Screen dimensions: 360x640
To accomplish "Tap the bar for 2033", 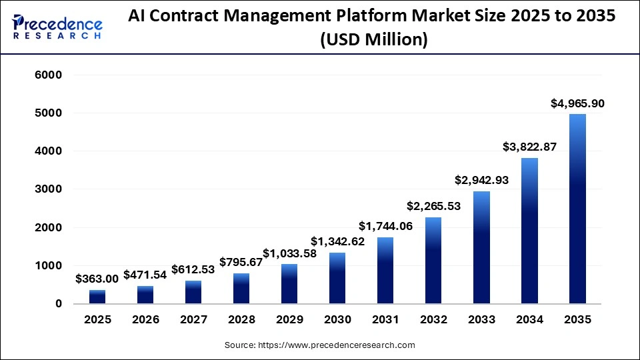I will [x=481, y=247].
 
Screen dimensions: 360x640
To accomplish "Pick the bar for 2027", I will [x=193, y=292].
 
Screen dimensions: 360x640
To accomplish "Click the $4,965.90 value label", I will [x=577, y=103].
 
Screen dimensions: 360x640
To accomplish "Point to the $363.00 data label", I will [x=97, y=279].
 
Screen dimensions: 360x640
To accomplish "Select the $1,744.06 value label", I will [x=385, y=226].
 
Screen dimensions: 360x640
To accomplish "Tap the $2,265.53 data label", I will [x=433, y=206].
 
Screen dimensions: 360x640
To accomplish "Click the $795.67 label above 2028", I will [x=241, y=262].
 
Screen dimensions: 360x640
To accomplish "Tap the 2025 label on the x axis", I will [x=97, y=320].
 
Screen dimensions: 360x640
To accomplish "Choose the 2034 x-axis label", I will [x=529, y=320].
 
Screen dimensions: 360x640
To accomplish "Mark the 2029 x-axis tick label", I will [x=289, y=320].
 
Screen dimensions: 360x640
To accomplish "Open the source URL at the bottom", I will [x=320, y=345].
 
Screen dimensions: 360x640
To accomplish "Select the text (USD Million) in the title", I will [x=373, y=40].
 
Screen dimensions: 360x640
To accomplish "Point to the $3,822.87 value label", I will [x=529, y=147].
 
